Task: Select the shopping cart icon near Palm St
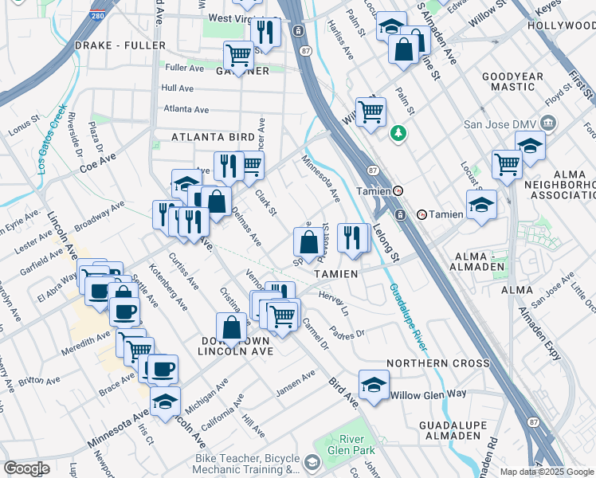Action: point(371,112)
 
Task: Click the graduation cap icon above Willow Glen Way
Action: point(374,385)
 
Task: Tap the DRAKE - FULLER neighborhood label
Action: point(116,45)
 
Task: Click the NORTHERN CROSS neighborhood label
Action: point(437,363)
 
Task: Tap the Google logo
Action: point(26,468)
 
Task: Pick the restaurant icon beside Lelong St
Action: point(351,237)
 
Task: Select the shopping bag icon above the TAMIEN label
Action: point(308,241)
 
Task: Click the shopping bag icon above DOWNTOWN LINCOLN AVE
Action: point(231,327)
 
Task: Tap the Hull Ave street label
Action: point(178,88)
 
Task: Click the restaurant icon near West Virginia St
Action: point(265,33)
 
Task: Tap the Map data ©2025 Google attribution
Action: point(547,471)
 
